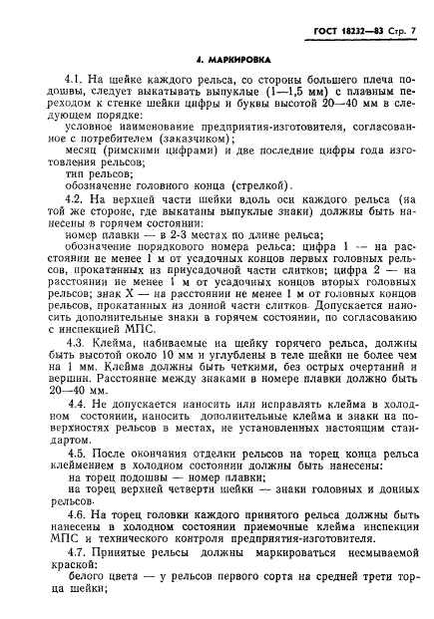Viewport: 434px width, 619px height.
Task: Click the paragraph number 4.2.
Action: (73, 200)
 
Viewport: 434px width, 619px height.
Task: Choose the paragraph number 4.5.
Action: (73, 455)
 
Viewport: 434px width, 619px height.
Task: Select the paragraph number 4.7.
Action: (73, 553)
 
